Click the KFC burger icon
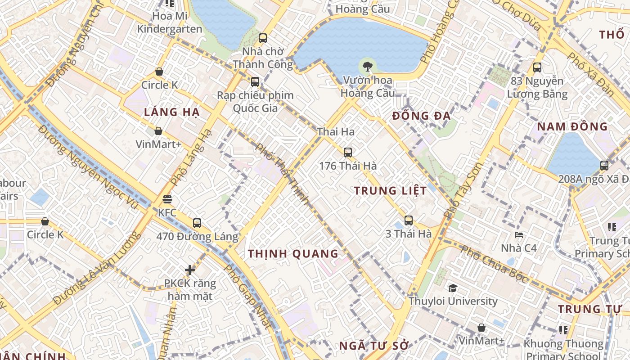tap(167, 199)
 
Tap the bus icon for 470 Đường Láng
tap(197, 223)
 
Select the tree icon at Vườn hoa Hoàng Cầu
tap(368, 67)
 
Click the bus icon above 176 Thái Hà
tap(347, 152)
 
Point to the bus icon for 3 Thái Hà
tap(408, 220)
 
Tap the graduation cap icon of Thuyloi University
tap(453, 288)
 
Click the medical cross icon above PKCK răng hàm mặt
tap(190, 270)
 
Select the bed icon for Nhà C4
tap(519, 234)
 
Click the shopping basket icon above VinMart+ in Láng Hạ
tap(158, 131)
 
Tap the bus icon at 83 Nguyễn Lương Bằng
tap(537, 67)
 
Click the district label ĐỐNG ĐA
tap(421, 116)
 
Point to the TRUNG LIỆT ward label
tap(390, 191)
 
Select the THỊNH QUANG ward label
tap(293, 254)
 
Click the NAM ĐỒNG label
tap(572, 126)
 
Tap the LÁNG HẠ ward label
tap(171, 112)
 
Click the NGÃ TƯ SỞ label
tap(373, 346)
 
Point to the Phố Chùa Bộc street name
tap(495, 265)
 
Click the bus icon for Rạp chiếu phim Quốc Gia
tap(255, 82)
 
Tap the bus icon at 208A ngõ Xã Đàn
tap(604, 165)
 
